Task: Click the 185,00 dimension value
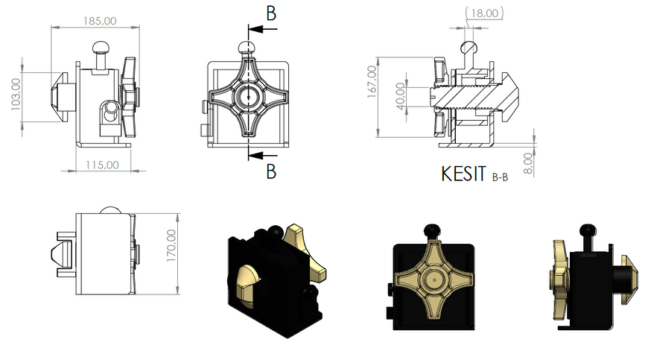100,21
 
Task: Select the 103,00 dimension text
16,94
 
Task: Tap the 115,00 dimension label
102,165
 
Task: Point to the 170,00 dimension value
171,245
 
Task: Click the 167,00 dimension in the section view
372,82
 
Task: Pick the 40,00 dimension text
401,96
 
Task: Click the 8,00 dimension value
528,163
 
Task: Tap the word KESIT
463,174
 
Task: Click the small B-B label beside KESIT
500,177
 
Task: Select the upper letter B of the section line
271,13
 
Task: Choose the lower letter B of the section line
271,171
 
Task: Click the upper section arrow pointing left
263,29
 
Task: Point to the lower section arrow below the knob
263,156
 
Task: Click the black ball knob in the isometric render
274,232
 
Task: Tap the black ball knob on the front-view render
432,230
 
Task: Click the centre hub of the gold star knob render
434,280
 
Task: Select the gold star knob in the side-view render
559,280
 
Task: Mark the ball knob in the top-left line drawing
101,48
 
